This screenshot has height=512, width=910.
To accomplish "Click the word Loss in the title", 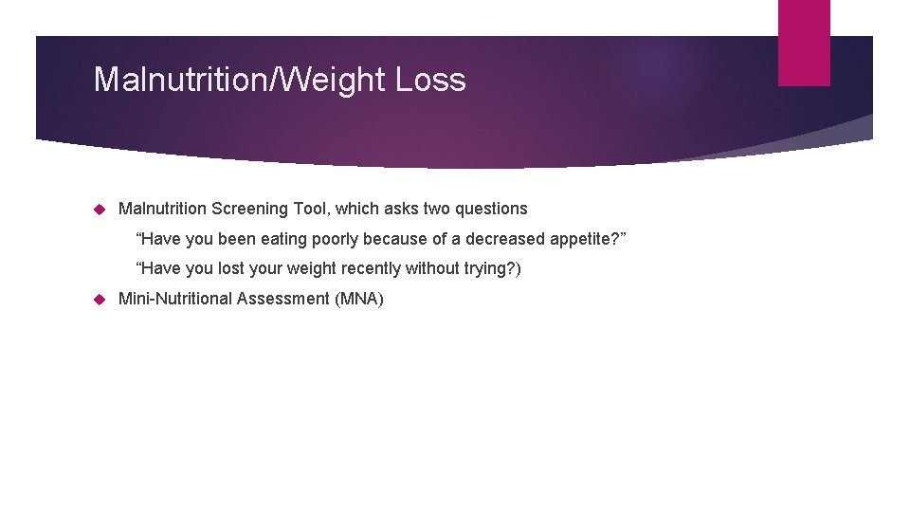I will (430, 80).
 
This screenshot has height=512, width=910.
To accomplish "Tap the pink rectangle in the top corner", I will (804, 43).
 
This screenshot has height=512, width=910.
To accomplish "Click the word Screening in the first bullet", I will (250, 209).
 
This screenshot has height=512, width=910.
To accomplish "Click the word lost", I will (233, 269).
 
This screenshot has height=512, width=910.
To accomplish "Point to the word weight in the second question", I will (313, 269).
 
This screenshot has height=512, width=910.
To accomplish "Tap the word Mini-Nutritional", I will (175, 300).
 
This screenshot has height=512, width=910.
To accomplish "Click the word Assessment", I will (283, 300).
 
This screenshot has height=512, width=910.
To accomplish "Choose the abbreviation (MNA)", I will (359, 300).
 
